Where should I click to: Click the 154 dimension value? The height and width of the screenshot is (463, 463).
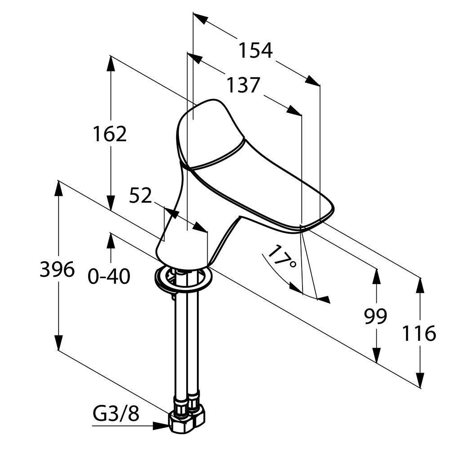pos(255,50)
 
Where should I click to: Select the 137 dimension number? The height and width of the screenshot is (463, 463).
pos(243,85)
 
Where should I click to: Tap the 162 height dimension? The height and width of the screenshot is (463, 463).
pos(110,134)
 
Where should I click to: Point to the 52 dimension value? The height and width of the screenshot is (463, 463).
pos(141,196)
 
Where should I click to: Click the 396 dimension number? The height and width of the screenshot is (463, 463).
pos(57,270)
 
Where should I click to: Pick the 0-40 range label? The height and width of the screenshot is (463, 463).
pos(109,276)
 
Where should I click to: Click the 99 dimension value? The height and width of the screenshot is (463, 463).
pos(375,317)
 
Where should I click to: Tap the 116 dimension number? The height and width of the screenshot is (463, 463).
pos(418,334)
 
